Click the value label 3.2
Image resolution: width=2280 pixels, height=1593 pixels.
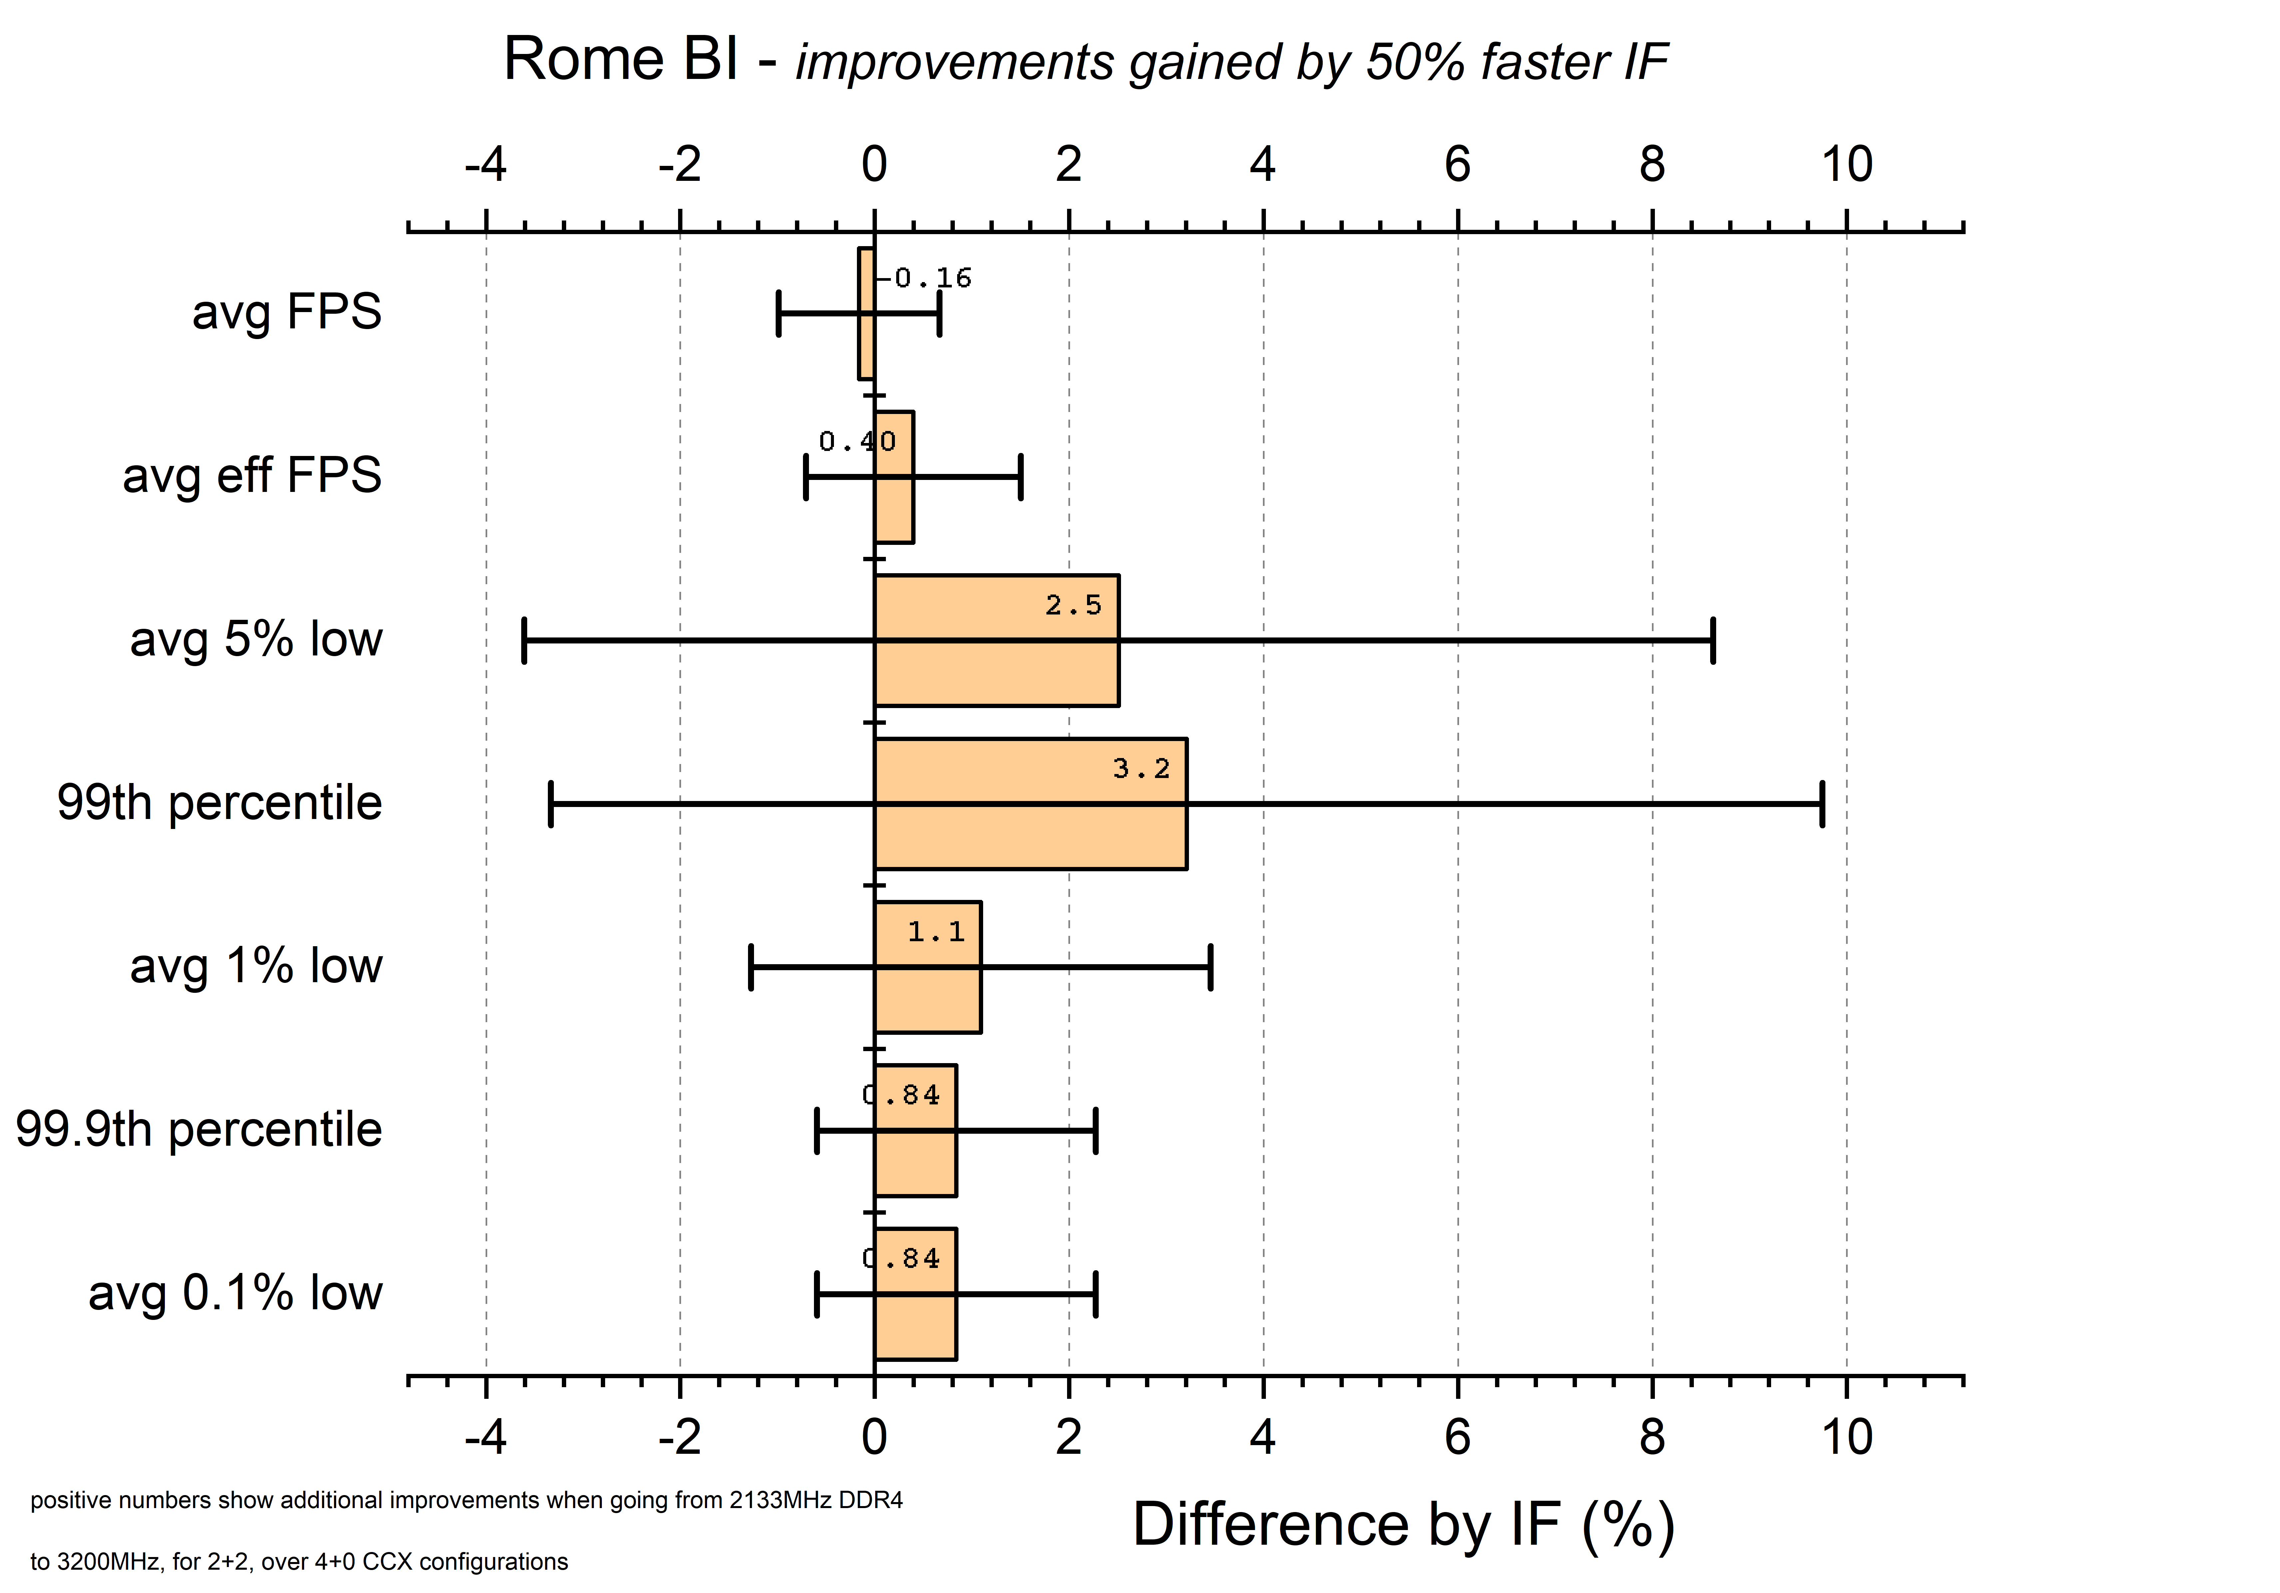coord(1141,769)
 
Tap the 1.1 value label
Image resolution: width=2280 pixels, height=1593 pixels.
coord(936,932)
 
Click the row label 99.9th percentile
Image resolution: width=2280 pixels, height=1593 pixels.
coord(198,1129)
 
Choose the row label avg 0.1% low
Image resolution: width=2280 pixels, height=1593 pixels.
coord(235,1293)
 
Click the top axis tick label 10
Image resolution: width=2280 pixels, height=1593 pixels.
coord(1846,164)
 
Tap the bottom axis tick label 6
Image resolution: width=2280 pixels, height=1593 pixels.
coord(1457,1437)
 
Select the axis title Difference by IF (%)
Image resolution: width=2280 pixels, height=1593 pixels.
coord(1403,1524)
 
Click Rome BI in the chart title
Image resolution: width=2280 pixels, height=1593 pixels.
coord(621,60)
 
